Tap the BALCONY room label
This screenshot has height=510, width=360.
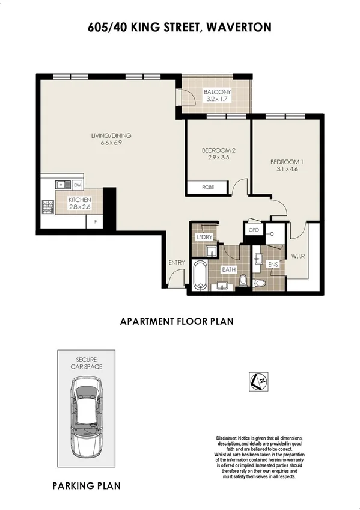(x=217, y=91)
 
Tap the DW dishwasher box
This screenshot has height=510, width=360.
(x=78, y=185)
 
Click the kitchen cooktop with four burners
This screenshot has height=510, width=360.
(x=48, y=207)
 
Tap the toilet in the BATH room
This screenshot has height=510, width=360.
(x=243, y=280)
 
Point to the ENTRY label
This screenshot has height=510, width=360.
(x=176, y=262)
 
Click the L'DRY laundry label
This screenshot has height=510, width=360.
(x=205, y=237)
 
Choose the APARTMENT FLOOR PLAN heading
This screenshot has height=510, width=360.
(x=177, y=321)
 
